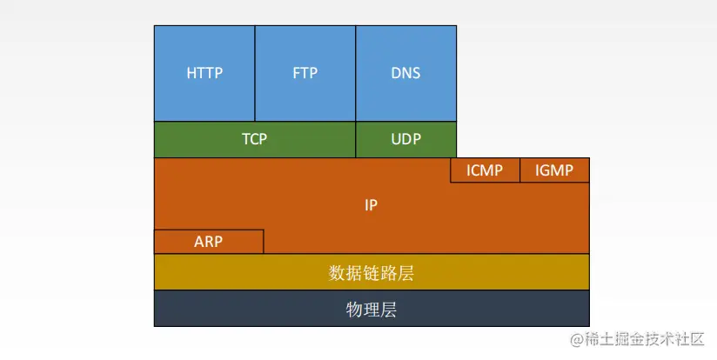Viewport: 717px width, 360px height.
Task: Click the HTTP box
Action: [x=204, y=73]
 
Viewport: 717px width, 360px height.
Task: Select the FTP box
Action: [x=305, y=73]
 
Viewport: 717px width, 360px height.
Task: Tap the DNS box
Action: [x=405, y=73]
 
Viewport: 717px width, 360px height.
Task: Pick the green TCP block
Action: [x=254, y=139]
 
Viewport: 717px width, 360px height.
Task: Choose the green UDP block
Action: [x=405, y=139]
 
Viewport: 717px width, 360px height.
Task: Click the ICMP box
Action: [x=485, y=170]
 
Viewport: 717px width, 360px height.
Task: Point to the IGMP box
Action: [x=554, y=170]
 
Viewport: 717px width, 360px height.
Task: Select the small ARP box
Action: [x=209, y=242]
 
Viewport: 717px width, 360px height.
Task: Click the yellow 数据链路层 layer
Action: [x=372, y=272]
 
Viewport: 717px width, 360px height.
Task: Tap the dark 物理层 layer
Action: [x=372, y=309]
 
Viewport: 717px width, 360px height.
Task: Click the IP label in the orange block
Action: [x=372, y=206]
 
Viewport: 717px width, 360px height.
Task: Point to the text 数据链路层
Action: [x=372, y=273]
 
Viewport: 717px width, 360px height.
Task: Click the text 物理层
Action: [x=372, y=309]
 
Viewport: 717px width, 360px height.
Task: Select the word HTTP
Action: [x=204, y=73]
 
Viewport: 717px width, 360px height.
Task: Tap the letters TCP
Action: [x=254, y=139]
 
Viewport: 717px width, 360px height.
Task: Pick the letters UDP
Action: [x=405, y=139]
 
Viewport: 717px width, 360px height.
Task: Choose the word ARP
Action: [x=209, y=242]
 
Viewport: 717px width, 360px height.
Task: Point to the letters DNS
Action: [x=405, y=73]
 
